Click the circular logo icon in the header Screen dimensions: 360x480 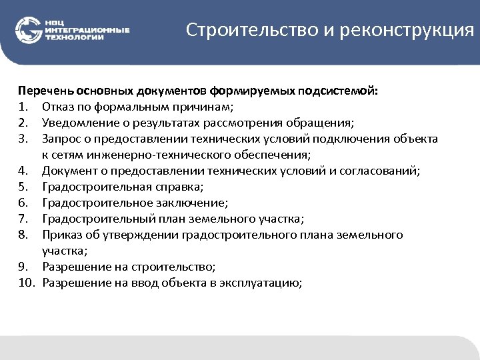tap(28, 31)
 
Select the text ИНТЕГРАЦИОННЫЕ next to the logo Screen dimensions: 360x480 tap(87, 31)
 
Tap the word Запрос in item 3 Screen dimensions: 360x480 tap(61, 139)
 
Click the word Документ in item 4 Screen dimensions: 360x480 tap(68, 171)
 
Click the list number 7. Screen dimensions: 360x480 tap(23, 219)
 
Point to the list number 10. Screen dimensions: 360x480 tap(25, 283)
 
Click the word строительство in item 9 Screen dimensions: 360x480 tap(176, 267)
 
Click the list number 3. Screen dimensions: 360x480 tap(23, 139)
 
